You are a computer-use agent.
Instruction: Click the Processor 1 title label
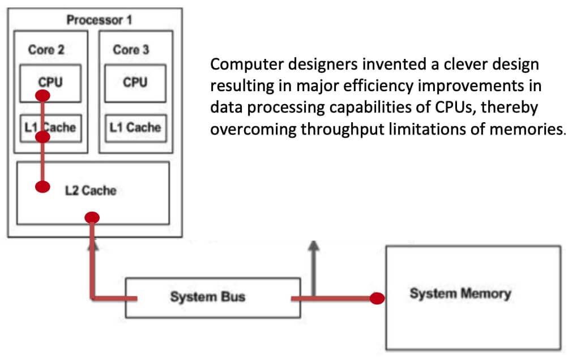(99, 20)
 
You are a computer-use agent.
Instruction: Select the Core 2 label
(46, 50)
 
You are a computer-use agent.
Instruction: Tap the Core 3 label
(131, 50)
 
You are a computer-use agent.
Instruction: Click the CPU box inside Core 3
(135, 83)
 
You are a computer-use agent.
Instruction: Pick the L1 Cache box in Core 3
(135, 127)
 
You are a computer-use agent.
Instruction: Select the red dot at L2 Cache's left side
(42, 187)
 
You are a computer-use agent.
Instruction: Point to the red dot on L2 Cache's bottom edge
(92, 217)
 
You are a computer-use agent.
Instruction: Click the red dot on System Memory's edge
(377, 298)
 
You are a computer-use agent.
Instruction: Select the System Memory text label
(460, 294)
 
